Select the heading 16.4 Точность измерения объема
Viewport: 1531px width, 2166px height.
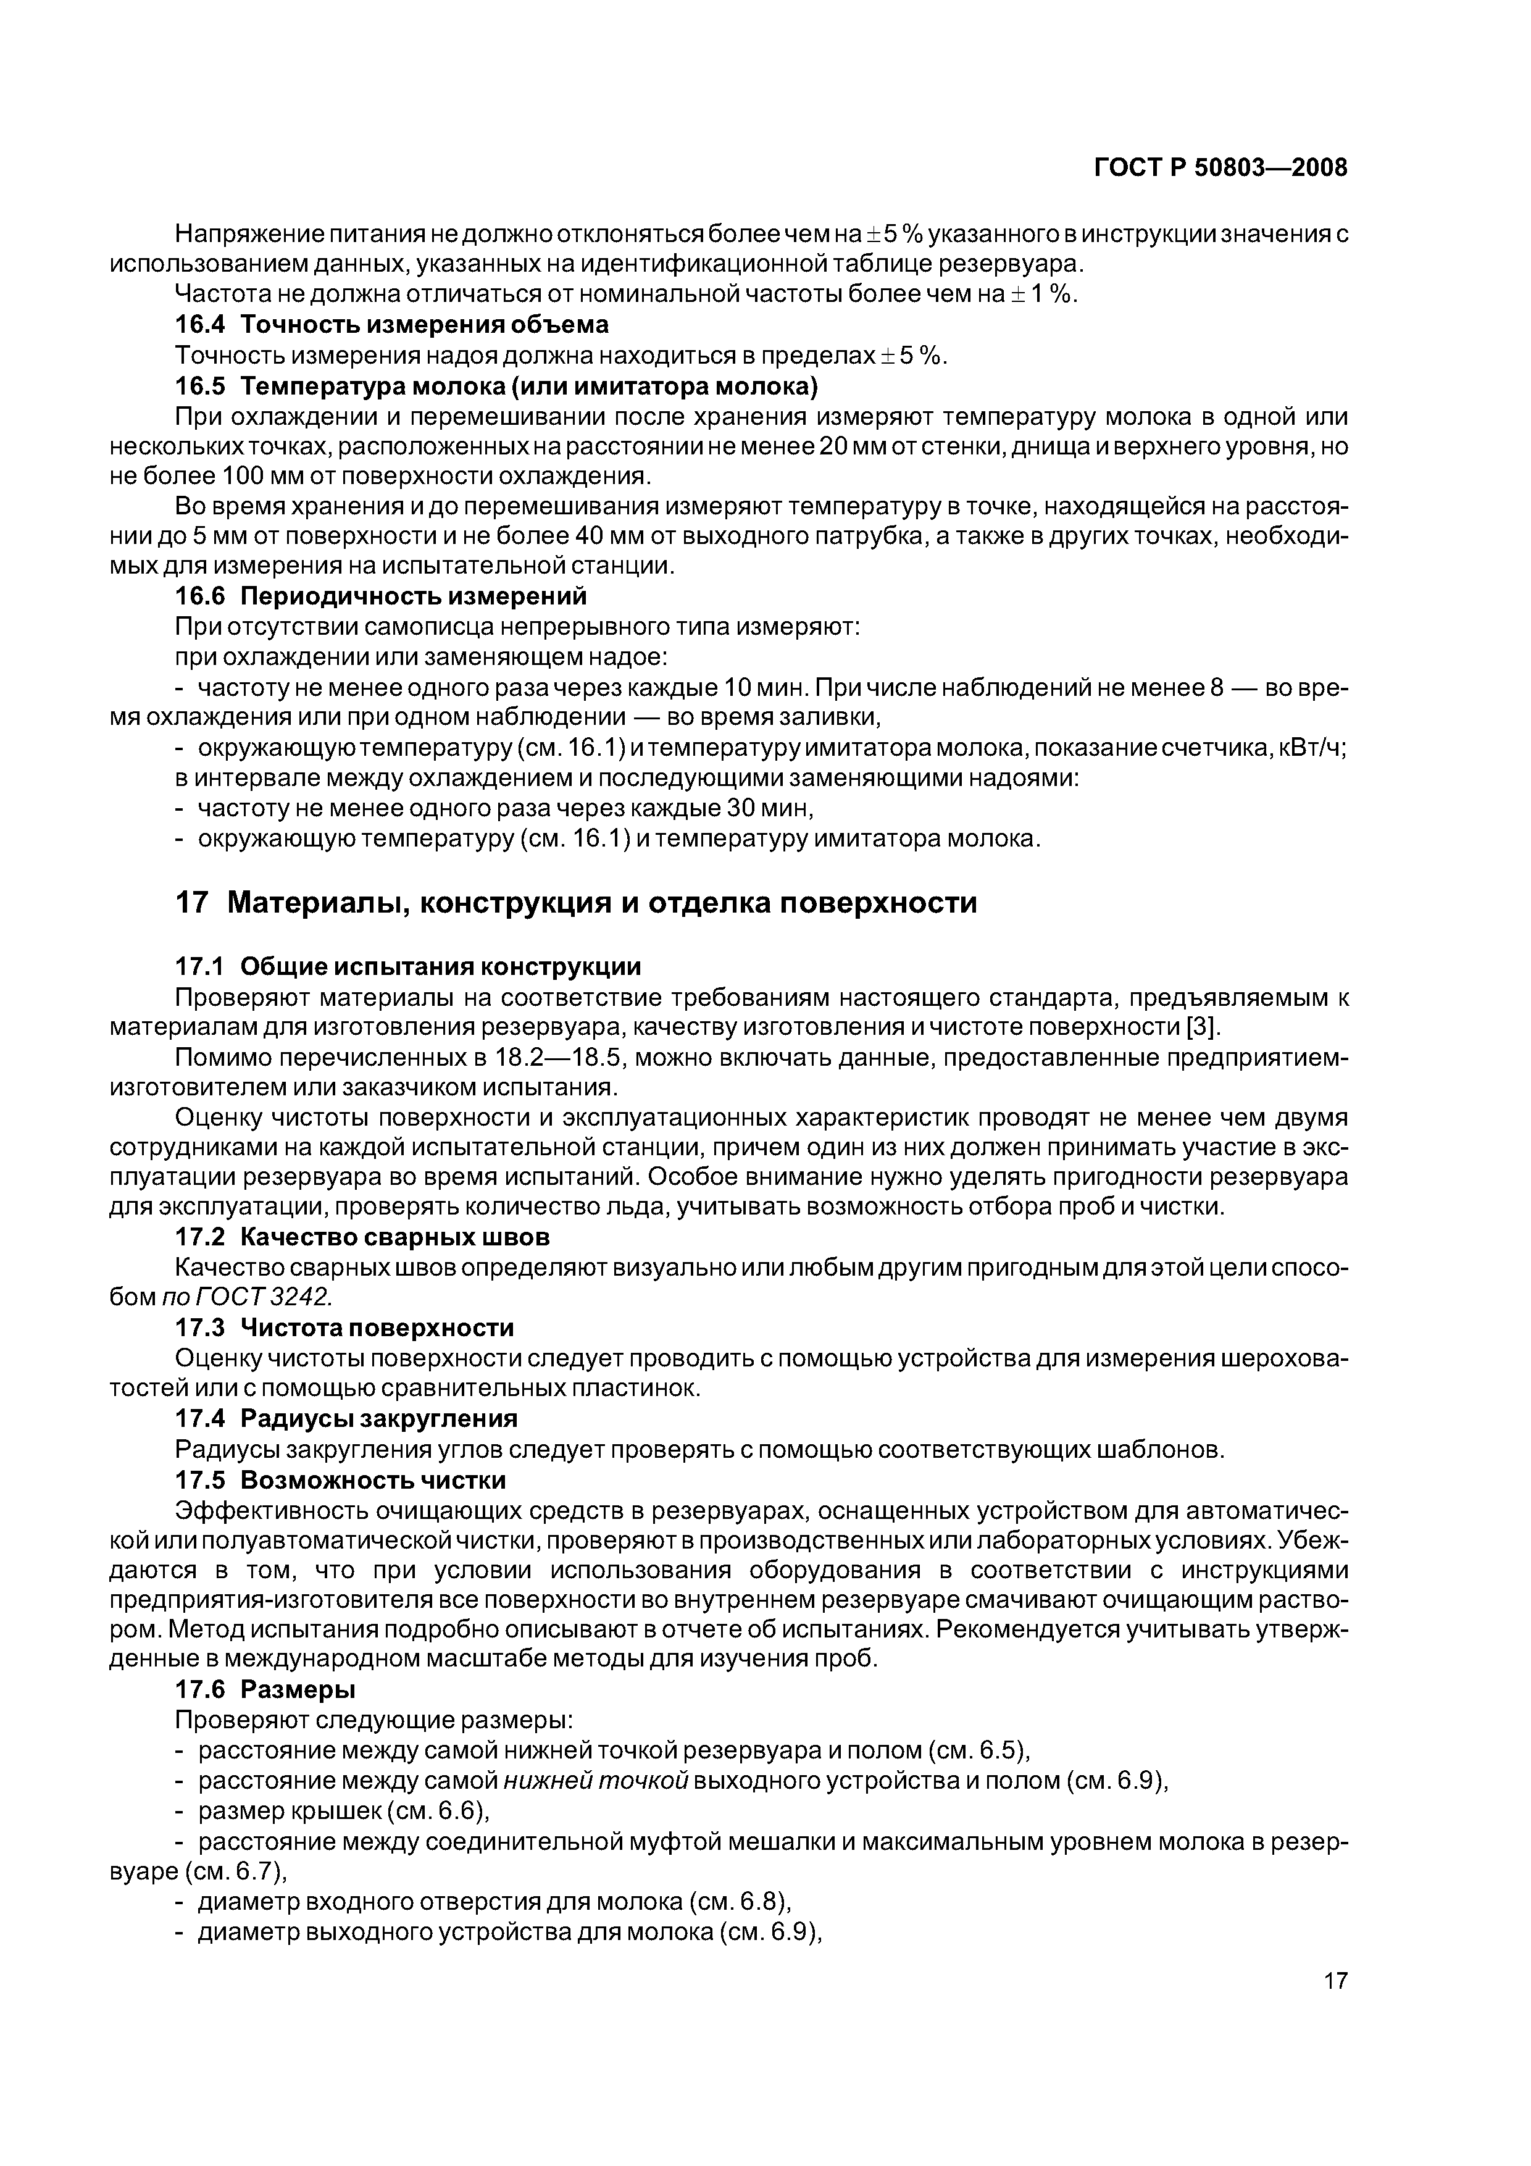point(391,325)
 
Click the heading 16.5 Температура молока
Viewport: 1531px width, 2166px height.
point(496,386)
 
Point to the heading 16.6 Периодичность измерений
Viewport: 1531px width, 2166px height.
point(381,596)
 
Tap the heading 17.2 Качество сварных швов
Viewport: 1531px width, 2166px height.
point(363,1237)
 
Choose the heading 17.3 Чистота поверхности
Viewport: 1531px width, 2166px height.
point(344,1328)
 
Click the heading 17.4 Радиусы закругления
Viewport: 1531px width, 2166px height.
point(346,1419)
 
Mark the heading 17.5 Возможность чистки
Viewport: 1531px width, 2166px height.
point(341,1480)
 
